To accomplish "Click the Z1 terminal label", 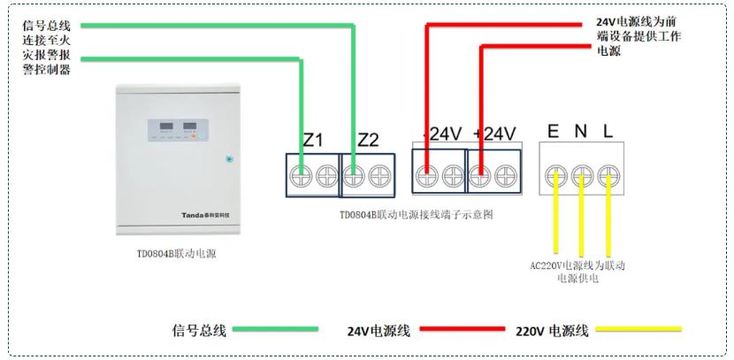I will tap(313, 141).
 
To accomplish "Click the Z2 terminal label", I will tap(368, 140).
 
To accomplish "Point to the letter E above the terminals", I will tap(553, 133).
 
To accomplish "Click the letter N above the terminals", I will tap(580, 133).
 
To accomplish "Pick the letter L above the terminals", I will tap(608, 133).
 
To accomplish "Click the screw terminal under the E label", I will tap(555, 174).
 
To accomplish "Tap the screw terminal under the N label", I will tap(581, 174).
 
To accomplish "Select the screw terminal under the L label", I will tap(608, 174).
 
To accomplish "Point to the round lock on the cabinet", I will tap(229, 159).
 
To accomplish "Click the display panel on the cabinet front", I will tap(176, 130).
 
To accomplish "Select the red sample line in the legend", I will tap(452, 330).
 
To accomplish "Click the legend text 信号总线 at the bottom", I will tap(199, 331).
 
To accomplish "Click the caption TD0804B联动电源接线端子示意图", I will tap(416, 215).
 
